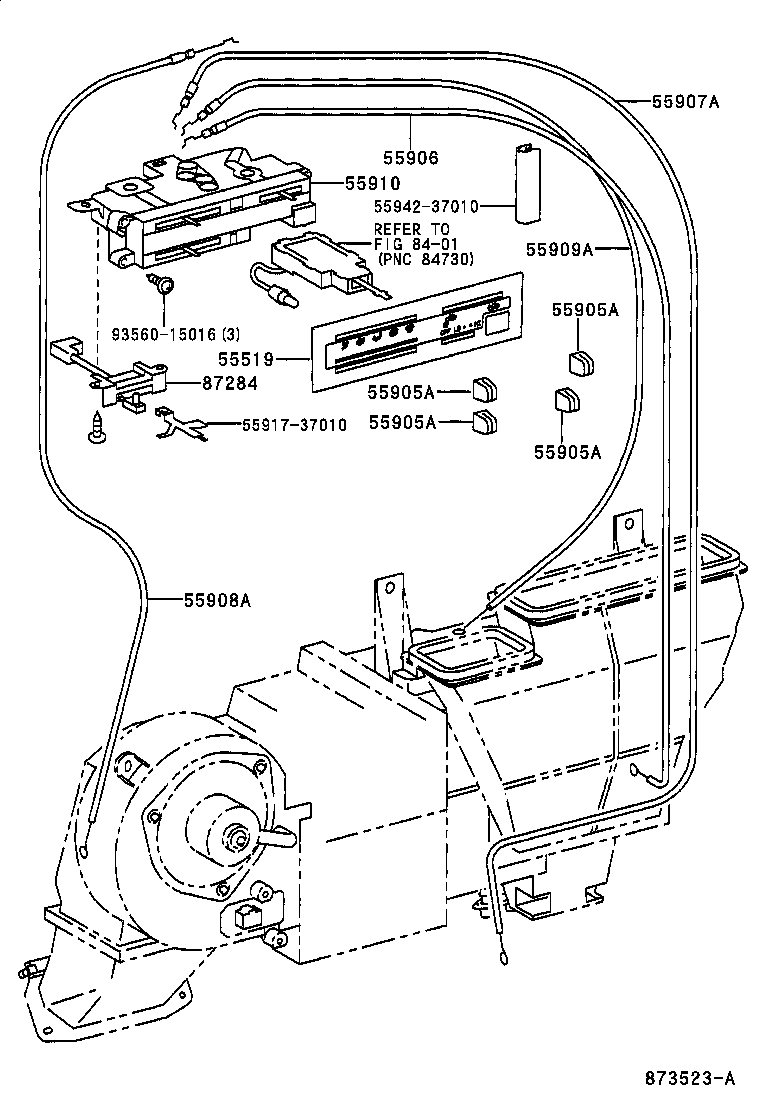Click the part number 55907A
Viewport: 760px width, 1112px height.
click(685, 101)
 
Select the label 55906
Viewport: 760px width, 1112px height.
click(410, 157)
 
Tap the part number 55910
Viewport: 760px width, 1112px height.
click(372, 183)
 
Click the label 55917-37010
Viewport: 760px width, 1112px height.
click(294, 425)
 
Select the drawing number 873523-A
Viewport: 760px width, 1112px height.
click(689, 1077)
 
